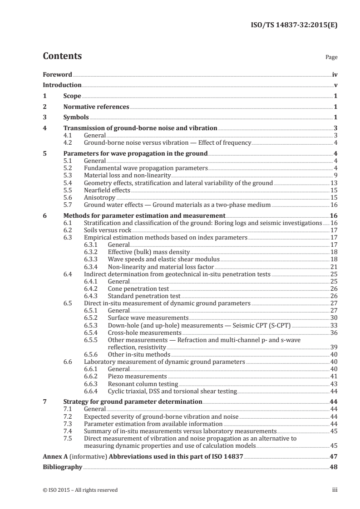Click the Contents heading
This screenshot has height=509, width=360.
click(x=62, y=57)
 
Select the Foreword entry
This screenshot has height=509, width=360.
click(x=57, y=74)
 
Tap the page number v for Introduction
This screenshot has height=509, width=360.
click(x=335, y=85)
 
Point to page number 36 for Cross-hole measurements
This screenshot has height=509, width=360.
click(x=333, y=332)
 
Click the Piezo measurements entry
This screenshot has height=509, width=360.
click(x=137, y=376)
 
